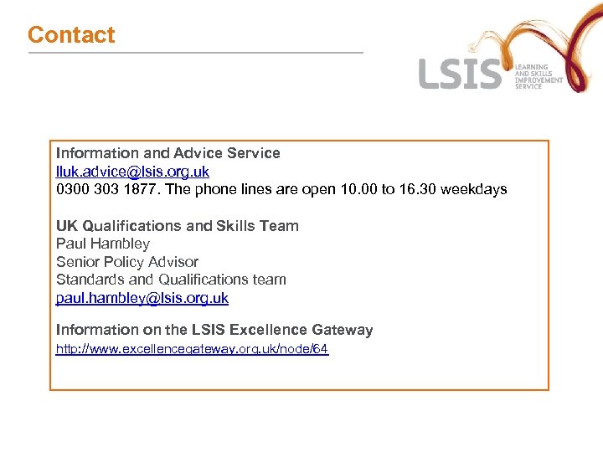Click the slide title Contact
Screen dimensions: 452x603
71,35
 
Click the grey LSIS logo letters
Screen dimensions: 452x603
460,74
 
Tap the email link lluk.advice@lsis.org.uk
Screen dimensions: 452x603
132,172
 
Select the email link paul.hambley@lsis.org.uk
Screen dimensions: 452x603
142,298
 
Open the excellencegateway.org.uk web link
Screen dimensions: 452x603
192,349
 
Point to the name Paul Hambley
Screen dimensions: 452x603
103,244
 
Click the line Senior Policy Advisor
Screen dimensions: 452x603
127,262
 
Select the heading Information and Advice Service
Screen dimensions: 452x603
167,153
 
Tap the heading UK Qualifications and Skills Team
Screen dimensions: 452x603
177,226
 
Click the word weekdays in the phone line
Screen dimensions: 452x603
475,189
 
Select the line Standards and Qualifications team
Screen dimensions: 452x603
171,280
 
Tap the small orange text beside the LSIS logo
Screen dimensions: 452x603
538,76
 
